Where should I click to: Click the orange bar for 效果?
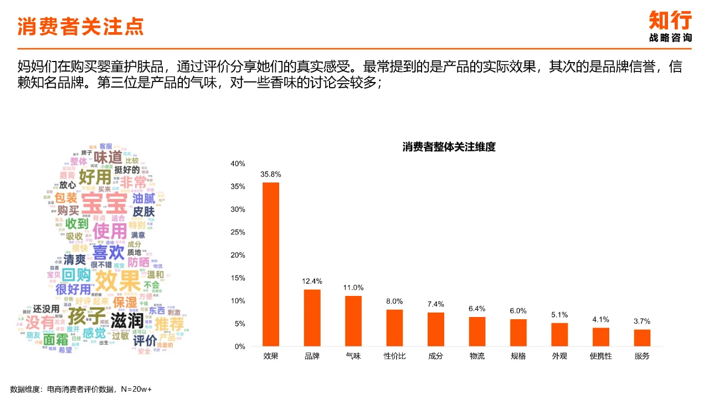(x=271, y=264)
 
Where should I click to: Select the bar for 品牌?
(x=312, y=318)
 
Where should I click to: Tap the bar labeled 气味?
(x=353, y=321)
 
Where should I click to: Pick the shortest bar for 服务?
(x=642, y=337)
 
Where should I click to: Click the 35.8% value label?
(x=271, y=174)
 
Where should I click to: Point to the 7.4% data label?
(x=436, y=304)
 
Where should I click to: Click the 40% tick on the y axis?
(x=238, y=163)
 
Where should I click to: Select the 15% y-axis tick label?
(x=238, y=278)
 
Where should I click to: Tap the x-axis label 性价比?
(x=394, y=356)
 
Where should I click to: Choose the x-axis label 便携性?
(x=601, y=356)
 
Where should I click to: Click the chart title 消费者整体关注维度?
(x=449, y=147)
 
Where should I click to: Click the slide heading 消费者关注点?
(x=81, y=26)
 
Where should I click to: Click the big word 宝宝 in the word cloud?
(x=105, y=203)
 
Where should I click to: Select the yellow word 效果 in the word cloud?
(x=118, y=280)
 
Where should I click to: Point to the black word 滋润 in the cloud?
(x=127, y=320)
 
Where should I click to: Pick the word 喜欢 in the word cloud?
(x=109, y=253)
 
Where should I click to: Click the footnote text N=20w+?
(x=137, y=389)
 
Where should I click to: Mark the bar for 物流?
(x=477, y=331)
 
